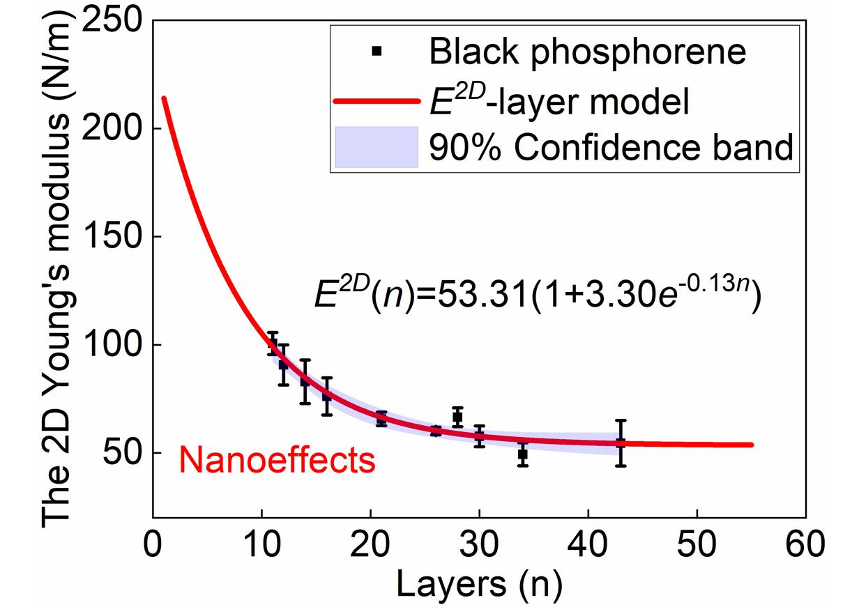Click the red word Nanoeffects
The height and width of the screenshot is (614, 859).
pos(278,461)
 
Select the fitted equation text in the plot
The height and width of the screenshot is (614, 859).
pos(535,294)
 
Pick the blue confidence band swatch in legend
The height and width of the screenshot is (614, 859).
pos(376,147)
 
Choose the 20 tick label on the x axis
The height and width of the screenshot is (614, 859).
pos(370,543)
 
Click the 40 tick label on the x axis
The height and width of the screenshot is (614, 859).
pos(588,543)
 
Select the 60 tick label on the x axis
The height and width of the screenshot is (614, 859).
pos(806,543)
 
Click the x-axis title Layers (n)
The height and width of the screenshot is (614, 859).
pos(478,584)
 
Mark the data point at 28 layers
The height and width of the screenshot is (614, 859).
pos(457,417)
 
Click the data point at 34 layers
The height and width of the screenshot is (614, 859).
pos(523,454)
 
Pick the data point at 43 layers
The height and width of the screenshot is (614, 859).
pos(621,443)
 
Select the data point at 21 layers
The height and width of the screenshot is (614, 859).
pos(381,418)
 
